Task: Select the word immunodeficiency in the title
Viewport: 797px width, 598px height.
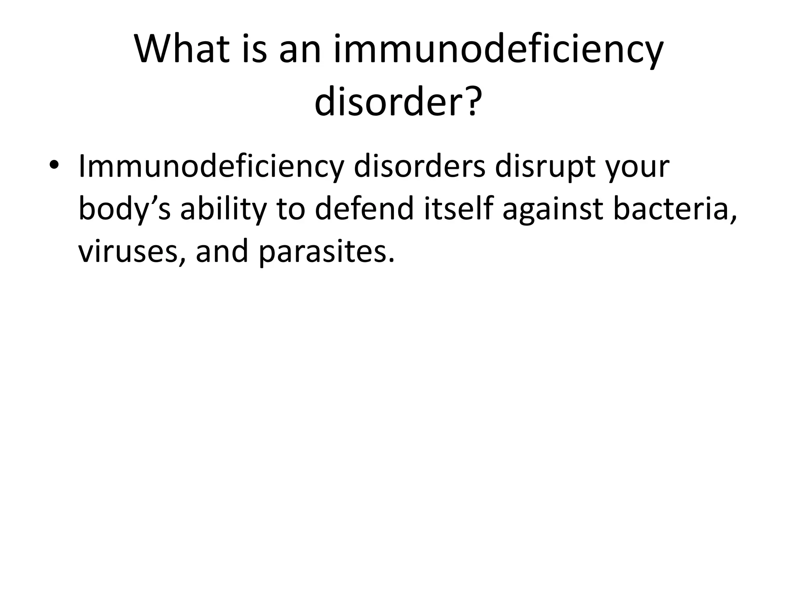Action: tap(498, 50)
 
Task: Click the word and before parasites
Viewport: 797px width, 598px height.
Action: tap(221, 251)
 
